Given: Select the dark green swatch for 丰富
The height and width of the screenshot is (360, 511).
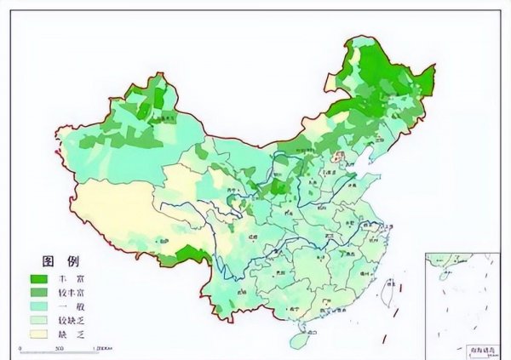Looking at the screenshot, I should click(37, 279).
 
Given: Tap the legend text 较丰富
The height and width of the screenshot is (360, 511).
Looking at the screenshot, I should click(71, 293).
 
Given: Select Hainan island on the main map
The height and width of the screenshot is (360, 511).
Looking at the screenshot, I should click(299, 340).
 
